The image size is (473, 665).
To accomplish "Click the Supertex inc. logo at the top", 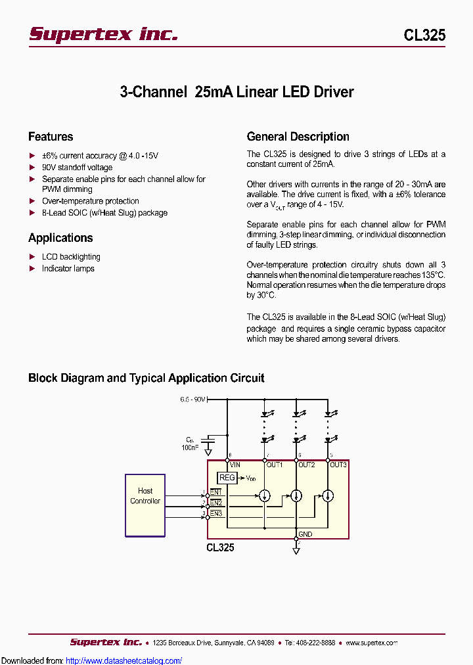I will point(103,34).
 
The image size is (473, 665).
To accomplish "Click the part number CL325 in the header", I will point(424,35).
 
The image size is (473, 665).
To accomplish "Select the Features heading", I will point(51,137).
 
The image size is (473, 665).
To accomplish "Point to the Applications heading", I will point(60,238).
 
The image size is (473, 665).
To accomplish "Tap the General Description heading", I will point(298,137).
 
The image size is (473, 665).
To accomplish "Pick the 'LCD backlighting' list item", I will point(71,257).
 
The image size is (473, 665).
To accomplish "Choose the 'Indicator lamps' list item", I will point(68,269).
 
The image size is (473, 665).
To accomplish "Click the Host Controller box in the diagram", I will point(145,505).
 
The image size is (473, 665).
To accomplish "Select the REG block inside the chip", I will point(227,478).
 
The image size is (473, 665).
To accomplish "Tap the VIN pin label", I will point(236,465).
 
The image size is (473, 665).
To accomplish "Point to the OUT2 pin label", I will point(307,465).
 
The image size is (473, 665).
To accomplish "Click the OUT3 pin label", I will point(338,465).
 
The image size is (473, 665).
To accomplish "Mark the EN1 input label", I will point(216,492).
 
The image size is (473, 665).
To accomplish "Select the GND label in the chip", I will point(305,534).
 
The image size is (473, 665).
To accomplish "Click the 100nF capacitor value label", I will point(190,447).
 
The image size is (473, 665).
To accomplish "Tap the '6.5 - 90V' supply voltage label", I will point(193,400).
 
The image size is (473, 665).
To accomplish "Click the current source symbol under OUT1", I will point(265,495).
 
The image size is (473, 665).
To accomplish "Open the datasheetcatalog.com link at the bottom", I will point(124,660).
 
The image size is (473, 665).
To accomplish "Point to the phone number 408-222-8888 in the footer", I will point(315,643).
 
